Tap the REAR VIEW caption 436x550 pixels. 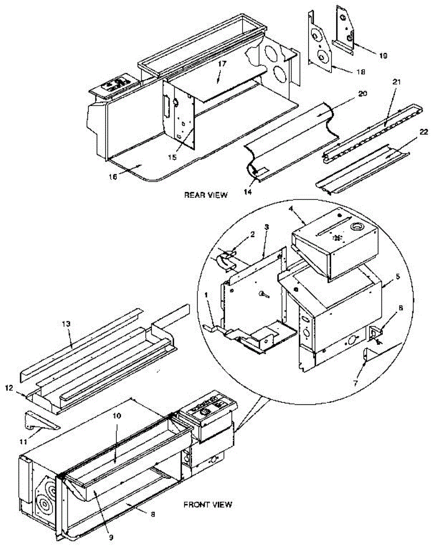pyautogui.click(x=205, y=194)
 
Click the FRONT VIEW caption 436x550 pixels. pyautogui.click(x=208, y=505)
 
